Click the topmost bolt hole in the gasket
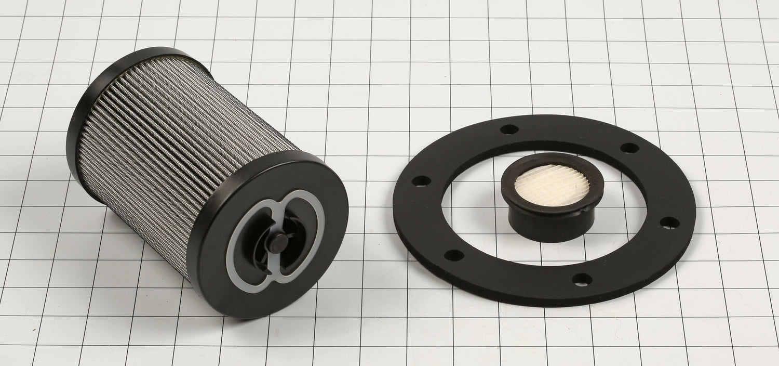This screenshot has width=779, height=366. (509, 129)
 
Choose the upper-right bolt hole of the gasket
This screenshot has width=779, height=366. (629, 148)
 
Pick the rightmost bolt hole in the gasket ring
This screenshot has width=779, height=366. (669, 223)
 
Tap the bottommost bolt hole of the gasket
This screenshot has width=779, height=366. (582, 279)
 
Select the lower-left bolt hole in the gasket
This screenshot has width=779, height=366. (453, 255)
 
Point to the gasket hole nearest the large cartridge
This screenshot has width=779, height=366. (421, 181)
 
